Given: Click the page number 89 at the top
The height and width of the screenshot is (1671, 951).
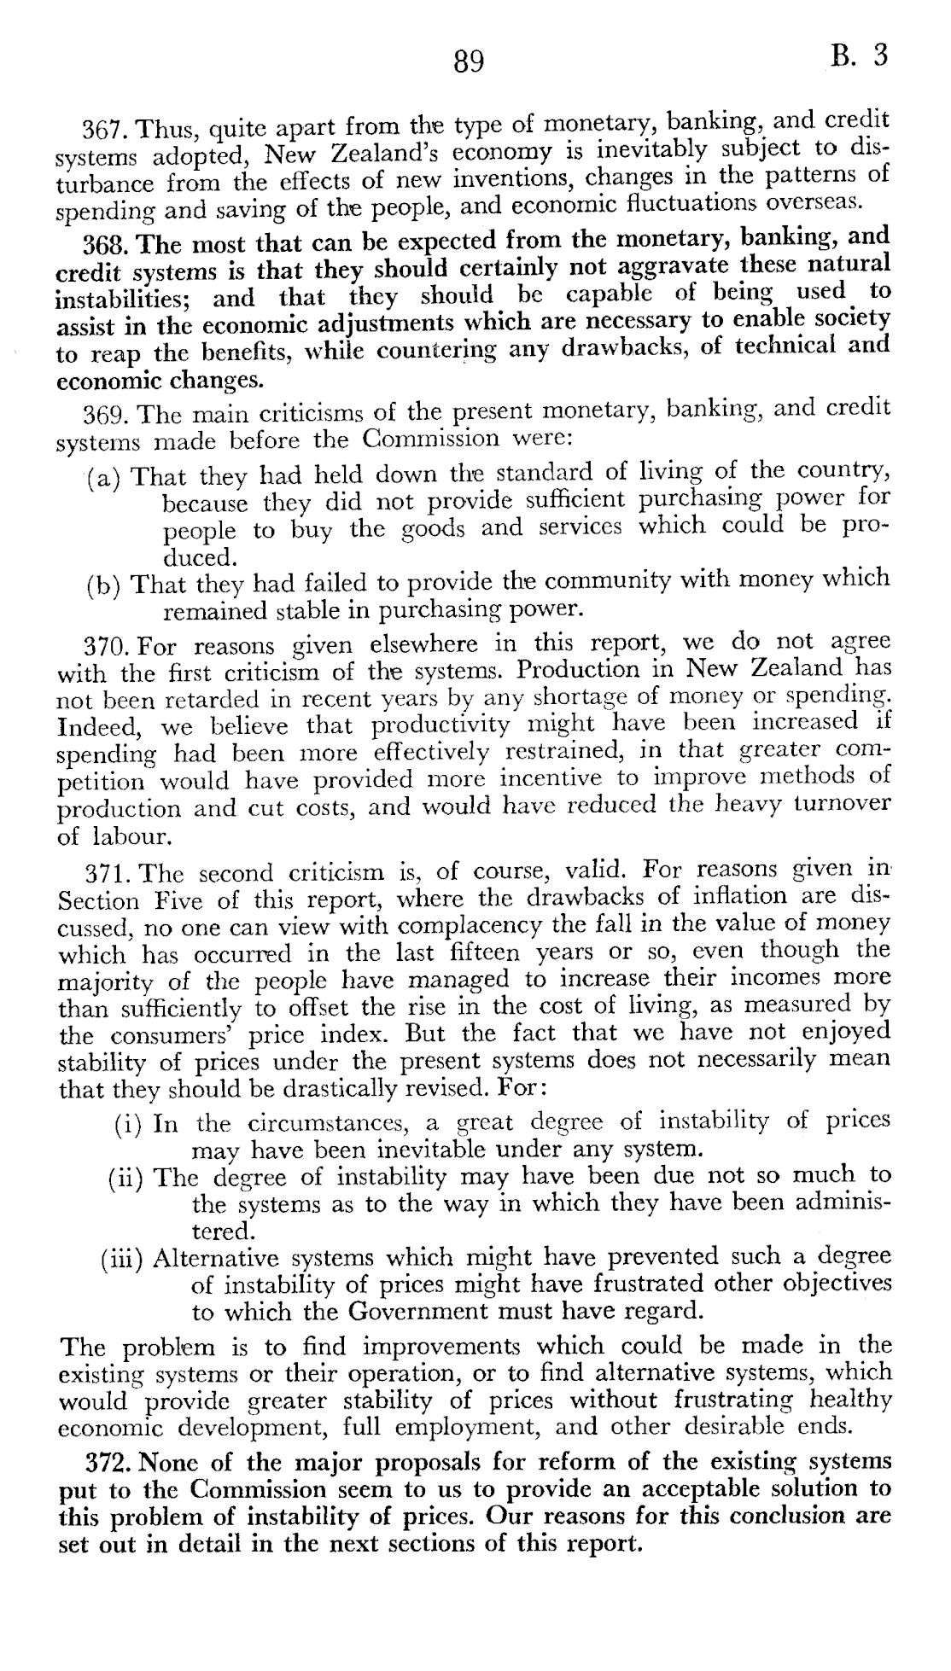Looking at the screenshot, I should (x=469, y=61).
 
